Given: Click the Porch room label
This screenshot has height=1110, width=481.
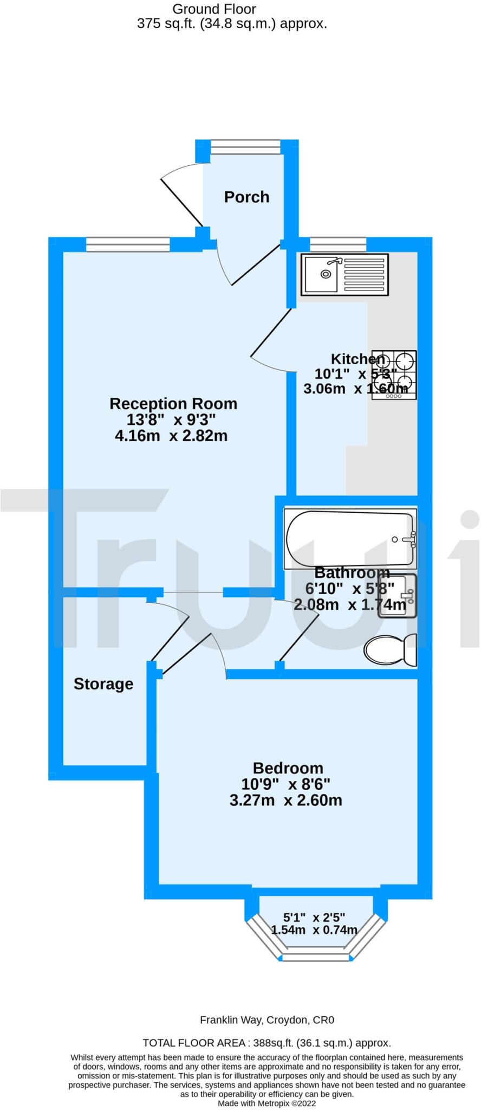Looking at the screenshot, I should point(246,197).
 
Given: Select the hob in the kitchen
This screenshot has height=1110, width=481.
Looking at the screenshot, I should point(394,375).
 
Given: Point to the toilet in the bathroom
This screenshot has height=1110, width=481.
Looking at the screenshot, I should point(389,649).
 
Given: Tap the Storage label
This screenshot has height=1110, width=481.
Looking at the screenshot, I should point(103,684).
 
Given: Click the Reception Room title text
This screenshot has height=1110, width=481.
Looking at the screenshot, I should point(173,403).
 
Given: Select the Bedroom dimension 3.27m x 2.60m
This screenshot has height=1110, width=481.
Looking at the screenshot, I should point(285,800).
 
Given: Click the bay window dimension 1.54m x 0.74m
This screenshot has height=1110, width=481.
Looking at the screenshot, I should point(314,930).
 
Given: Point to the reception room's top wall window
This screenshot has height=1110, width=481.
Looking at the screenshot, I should point(128,244).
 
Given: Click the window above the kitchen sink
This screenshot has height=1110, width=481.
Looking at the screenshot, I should point(337,244).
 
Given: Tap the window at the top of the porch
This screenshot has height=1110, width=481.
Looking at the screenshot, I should point(246,146).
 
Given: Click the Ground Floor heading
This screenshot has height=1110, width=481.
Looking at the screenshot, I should point(214,9).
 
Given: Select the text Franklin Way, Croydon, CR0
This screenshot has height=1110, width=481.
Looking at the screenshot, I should point(267,1020).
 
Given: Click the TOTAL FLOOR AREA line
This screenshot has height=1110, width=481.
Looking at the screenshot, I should point(266,1043).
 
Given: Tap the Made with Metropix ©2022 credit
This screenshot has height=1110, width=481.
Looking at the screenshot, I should point(266,1103).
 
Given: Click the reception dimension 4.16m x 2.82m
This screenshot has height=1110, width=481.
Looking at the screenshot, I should point(171,435).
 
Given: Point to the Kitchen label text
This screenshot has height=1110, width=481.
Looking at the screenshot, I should point(357,359).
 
